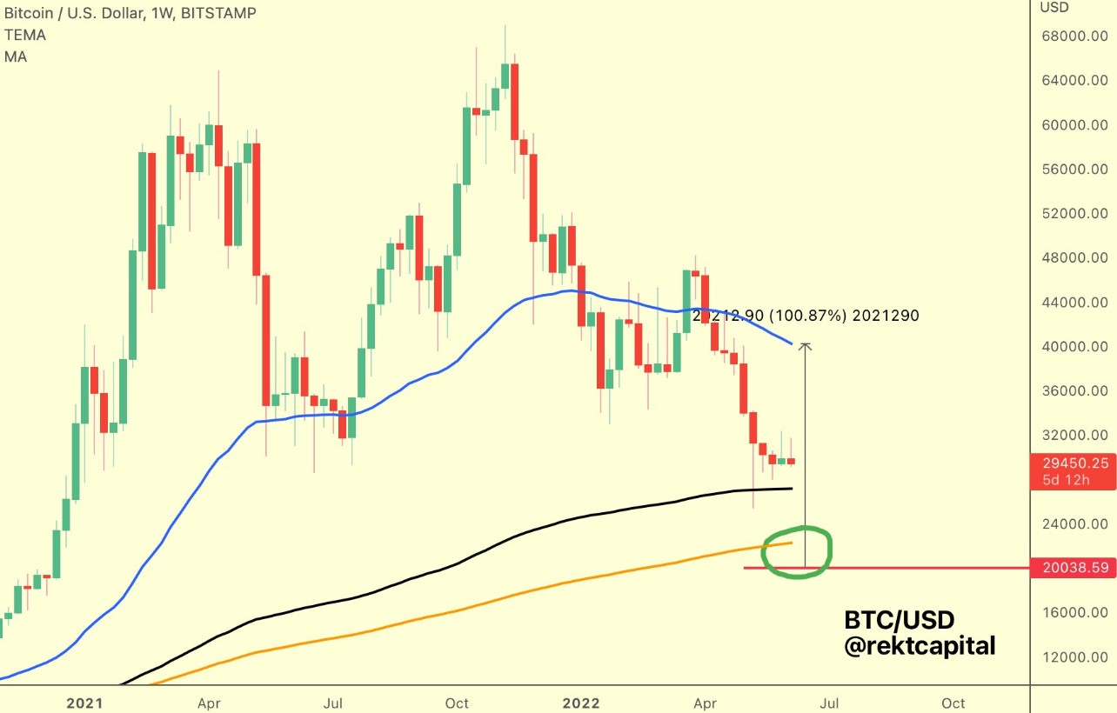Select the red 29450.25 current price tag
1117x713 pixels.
(x=1072, y=463)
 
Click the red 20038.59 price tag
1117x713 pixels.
(x=1072, y=569)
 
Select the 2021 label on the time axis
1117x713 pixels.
(x=84, y=703)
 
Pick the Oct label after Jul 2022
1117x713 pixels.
(x=953, y=703)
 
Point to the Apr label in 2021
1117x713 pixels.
(x=208, y=703)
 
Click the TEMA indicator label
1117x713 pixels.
(x=25, y=36)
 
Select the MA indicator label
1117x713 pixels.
(x=15, y=57)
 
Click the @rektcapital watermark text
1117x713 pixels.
(x=920, y=646)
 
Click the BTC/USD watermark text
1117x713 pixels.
(x=900, y=620)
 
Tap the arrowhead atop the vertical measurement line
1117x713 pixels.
(x=806, y=347)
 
